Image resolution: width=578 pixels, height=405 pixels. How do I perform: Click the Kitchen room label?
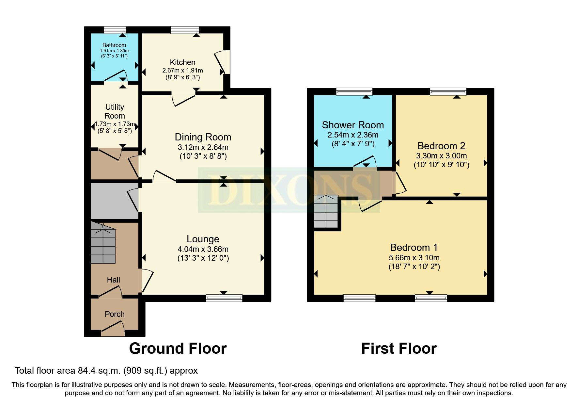[x=182, y=62]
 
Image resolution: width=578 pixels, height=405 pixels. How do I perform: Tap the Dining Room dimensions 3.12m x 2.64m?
[x=203, y=147]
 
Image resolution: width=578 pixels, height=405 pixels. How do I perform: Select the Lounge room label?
[x=203, y=239]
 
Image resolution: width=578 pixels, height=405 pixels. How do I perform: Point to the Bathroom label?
[x=114, y=45]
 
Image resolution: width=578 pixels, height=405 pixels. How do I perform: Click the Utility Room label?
[x=115, y=111]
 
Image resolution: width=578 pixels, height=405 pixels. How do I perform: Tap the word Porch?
[x=115, y=314]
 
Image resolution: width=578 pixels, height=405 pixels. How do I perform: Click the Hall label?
[x=113, y=280]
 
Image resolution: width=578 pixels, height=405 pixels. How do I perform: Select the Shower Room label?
[x=353, y=125]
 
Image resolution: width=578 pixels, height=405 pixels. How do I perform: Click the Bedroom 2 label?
[x=441, y=146]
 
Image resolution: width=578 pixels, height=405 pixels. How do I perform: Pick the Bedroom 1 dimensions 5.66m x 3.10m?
[x=414, y=258]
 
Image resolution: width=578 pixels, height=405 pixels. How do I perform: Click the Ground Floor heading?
[x=178, y=348]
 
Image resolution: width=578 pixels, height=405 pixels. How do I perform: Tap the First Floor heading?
[x=399, y=348]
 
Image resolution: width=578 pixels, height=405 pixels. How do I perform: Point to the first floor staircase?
[x=326, y=212]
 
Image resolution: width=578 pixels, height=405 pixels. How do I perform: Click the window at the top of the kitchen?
[x=185, y=30]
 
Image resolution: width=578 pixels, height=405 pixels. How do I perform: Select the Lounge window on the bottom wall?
[x=224, y=298]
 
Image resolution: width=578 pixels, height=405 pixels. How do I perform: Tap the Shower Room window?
[x=354, y=92]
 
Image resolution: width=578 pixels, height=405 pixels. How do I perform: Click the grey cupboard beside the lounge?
[x=114, y=201]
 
